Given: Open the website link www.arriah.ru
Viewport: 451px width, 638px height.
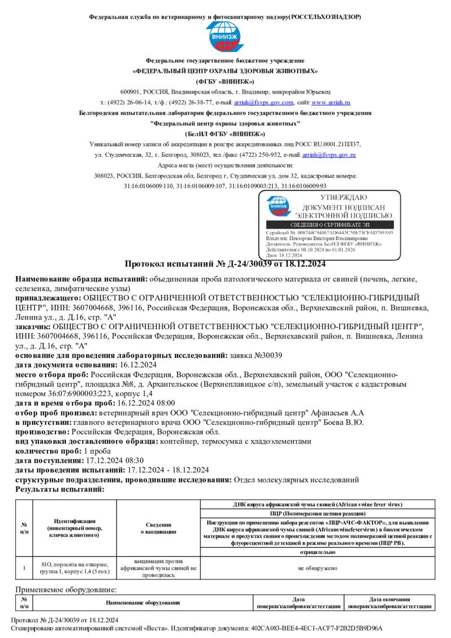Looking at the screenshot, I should pyautogui.click(x=331, y=103).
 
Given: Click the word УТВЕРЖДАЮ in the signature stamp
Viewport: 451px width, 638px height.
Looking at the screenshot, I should pyautogui.click(x=343, y=198).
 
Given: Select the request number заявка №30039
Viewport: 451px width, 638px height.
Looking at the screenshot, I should pyautogui.click(x=258, y=355).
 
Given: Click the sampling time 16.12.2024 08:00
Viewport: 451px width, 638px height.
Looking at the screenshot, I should pyautogui.click(x=146, y=403).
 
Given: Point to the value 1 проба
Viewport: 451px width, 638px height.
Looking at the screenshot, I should pyautogui.click(x=98, y=451).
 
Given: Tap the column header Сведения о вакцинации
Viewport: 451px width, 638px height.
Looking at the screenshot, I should pyautogui.click(x=158, y=528).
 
